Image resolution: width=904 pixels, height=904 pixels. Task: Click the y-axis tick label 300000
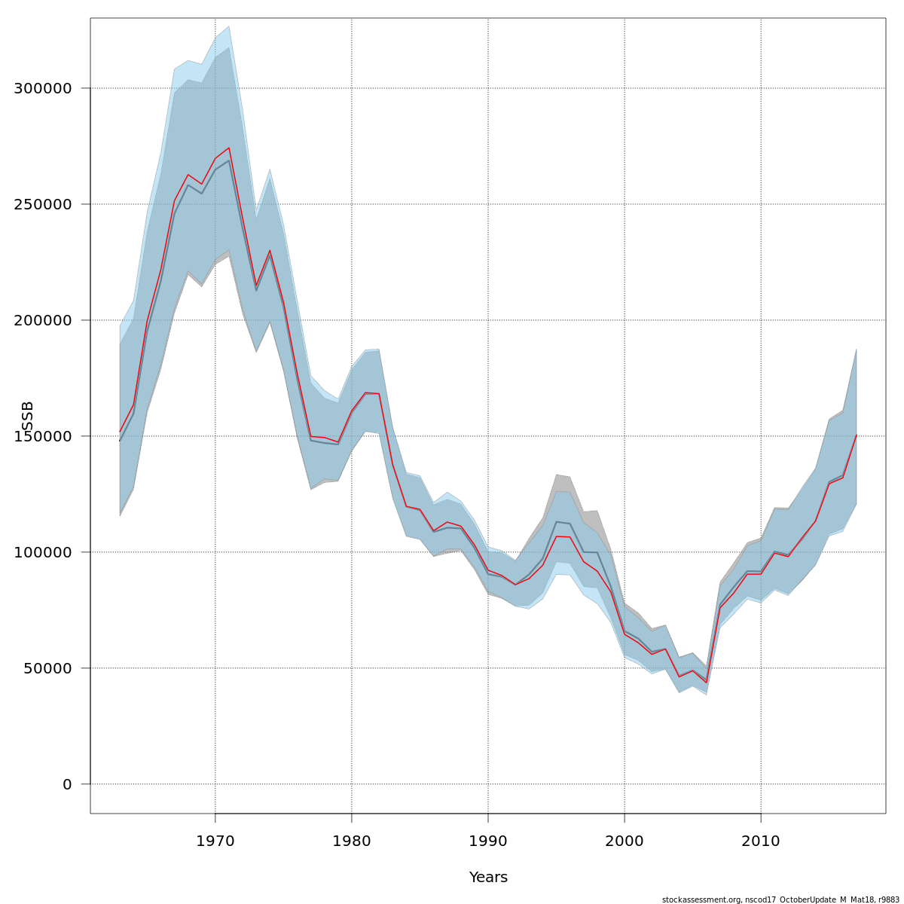coord(44,88)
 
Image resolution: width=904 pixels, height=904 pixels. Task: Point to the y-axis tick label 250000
coord(44,204)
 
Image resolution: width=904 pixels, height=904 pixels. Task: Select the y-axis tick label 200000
coord(44,320)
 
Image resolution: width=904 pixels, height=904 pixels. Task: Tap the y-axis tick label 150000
coord(44,436)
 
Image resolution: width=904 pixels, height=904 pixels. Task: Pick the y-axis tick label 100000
coord(44,552)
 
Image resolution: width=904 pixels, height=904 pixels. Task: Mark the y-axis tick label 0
coord(67,784)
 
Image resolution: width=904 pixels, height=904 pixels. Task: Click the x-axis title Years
coord(488,878)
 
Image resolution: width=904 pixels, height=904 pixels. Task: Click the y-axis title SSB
coord(29,417)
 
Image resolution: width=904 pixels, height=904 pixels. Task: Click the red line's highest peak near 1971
coord(229,148)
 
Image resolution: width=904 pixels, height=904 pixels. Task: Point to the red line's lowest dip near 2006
coord(706,683)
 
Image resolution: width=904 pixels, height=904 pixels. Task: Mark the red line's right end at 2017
coord(857,435)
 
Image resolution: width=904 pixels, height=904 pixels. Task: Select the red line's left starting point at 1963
coord(120,432)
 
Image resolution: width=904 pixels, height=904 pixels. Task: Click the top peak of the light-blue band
coord(229,26)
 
